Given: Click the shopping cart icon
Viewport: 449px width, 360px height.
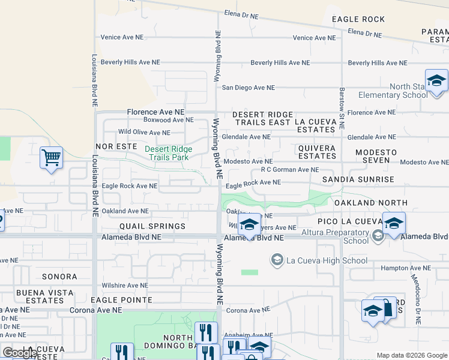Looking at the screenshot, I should point(51,159).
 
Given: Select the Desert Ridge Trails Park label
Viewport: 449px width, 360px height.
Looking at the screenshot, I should point(168,153).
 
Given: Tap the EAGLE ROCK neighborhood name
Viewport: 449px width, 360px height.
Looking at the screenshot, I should point(358,19).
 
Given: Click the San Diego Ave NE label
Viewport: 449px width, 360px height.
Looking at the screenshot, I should point(249,88).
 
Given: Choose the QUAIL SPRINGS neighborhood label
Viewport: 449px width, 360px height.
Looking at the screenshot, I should point(152,226).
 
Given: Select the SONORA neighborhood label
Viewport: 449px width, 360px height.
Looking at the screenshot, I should point(59,277).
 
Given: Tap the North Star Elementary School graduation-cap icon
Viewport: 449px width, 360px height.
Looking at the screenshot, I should point(436,81).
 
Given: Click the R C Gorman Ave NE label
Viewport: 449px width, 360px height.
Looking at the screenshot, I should point(290,170).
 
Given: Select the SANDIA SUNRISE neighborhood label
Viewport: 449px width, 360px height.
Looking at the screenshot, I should point(358,179).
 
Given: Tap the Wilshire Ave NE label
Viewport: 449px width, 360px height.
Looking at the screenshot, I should point(124,286).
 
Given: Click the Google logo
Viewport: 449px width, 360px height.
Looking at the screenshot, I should point(20,353).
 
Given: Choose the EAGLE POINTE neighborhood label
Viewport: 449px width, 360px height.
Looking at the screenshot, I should point(122,299).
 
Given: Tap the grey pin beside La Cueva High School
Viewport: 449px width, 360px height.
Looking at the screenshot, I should point(277,260).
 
